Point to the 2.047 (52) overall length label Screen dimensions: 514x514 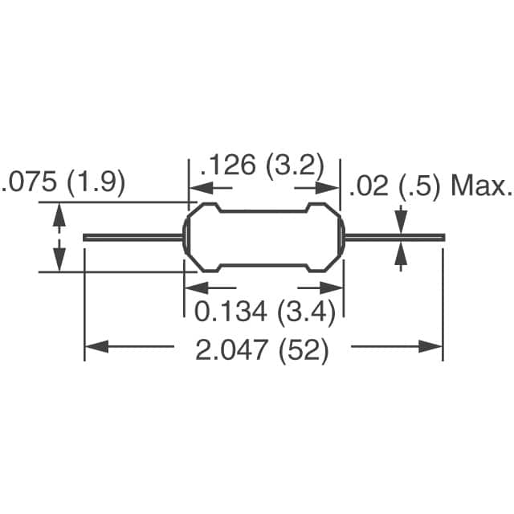point(263,351)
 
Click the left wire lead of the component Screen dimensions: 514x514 point(133,237)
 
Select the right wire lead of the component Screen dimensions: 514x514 point(394,237)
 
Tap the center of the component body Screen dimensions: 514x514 point(265,237)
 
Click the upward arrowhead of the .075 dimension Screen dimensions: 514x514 point(58,211)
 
